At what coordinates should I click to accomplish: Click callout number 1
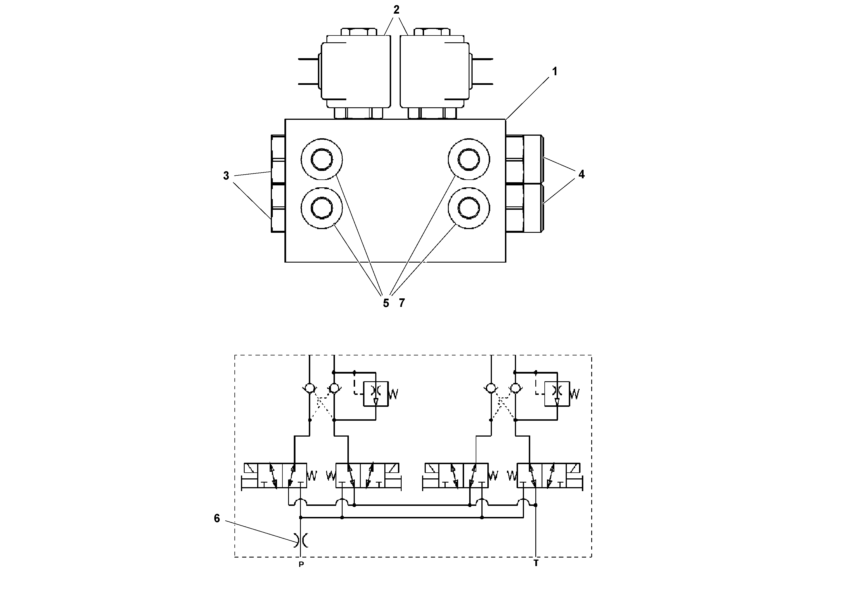pos(555,72)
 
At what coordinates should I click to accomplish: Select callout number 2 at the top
pos(396,10)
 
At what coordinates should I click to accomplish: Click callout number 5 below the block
pos(386,303)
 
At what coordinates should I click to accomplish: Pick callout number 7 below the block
pos(402,303)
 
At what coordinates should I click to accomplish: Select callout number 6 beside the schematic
pos(217,518)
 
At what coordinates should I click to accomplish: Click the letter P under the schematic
pos(301,565)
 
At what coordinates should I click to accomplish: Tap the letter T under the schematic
pos(536,564)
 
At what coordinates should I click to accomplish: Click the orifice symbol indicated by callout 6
pos(301,540)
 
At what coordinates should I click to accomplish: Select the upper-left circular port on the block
pos(322,159)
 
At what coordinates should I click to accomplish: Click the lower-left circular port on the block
pos(322,208)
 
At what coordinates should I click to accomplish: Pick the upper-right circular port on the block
pos(469,159)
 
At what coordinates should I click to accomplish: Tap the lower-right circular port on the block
pos(469,208)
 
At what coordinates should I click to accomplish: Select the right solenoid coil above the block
pos(434,71)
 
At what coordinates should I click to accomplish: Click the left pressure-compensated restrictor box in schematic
pos(376,394)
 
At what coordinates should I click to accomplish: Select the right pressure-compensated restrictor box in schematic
pos(557,394)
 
